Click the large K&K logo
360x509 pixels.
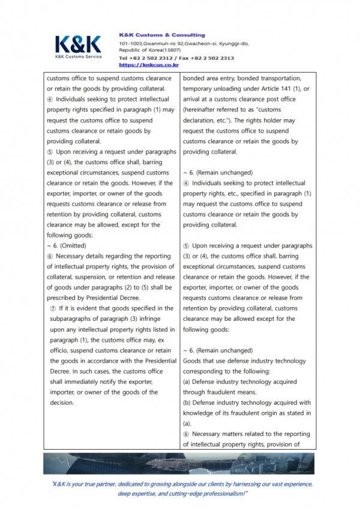coord(78,44)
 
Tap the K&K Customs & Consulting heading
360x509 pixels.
coord(162,35)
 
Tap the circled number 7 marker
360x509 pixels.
coord(54,308)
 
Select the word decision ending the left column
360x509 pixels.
coord(62,403)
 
